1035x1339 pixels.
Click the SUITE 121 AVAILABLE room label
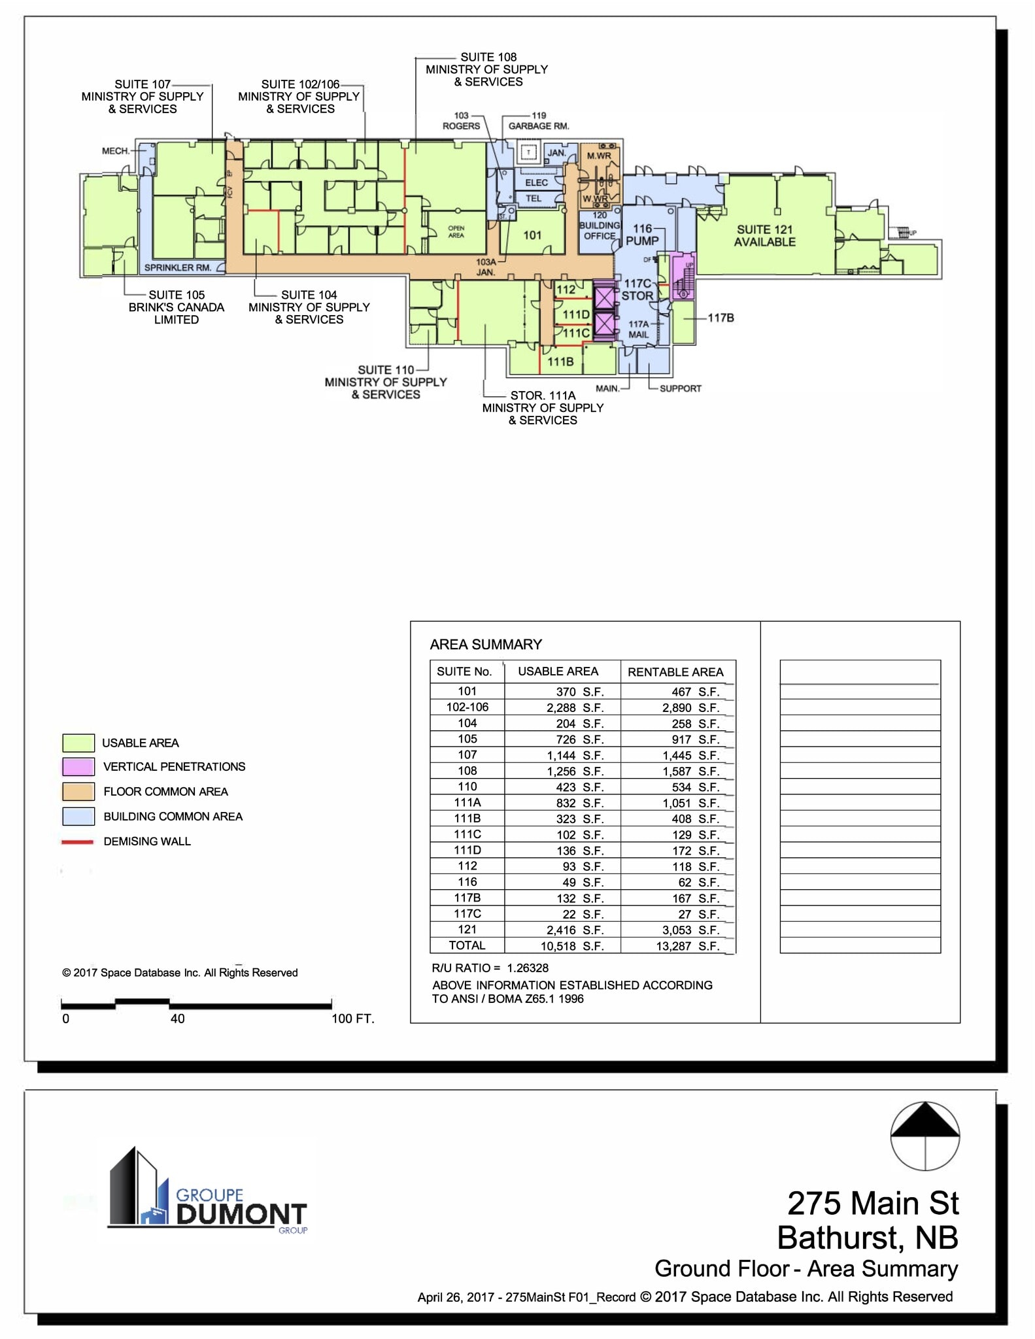coord(764,236)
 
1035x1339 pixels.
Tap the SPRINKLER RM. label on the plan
coord(178,267)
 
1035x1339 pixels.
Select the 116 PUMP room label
coord(642,235)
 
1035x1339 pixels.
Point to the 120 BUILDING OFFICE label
coord(600,226)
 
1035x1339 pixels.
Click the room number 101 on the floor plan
coord(532,235)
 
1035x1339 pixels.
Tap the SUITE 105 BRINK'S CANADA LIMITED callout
coord(177,307)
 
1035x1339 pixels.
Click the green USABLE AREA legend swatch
coord(78,743)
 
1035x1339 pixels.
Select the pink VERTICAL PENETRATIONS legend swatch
coord(78,767)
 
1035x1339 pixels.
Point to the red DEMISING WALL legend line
coord(78,842)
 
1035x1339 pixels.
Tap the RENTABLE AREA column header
coord(675,672)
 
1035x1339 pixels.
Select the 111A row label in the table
coord(467,803)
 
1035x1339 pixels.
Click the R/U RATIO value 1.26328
coord(528,968)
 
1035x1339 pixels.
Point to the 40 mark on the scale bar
coord(177,1019)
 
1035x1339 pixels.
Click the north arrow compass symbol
coord(925,1136)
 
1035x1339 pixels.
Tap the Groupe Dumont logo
coord(208,1191)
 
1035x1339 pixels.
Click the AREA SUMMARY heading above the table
coord(486,645)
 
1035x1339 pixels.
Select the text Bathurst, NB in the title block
coord(868,1238)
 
